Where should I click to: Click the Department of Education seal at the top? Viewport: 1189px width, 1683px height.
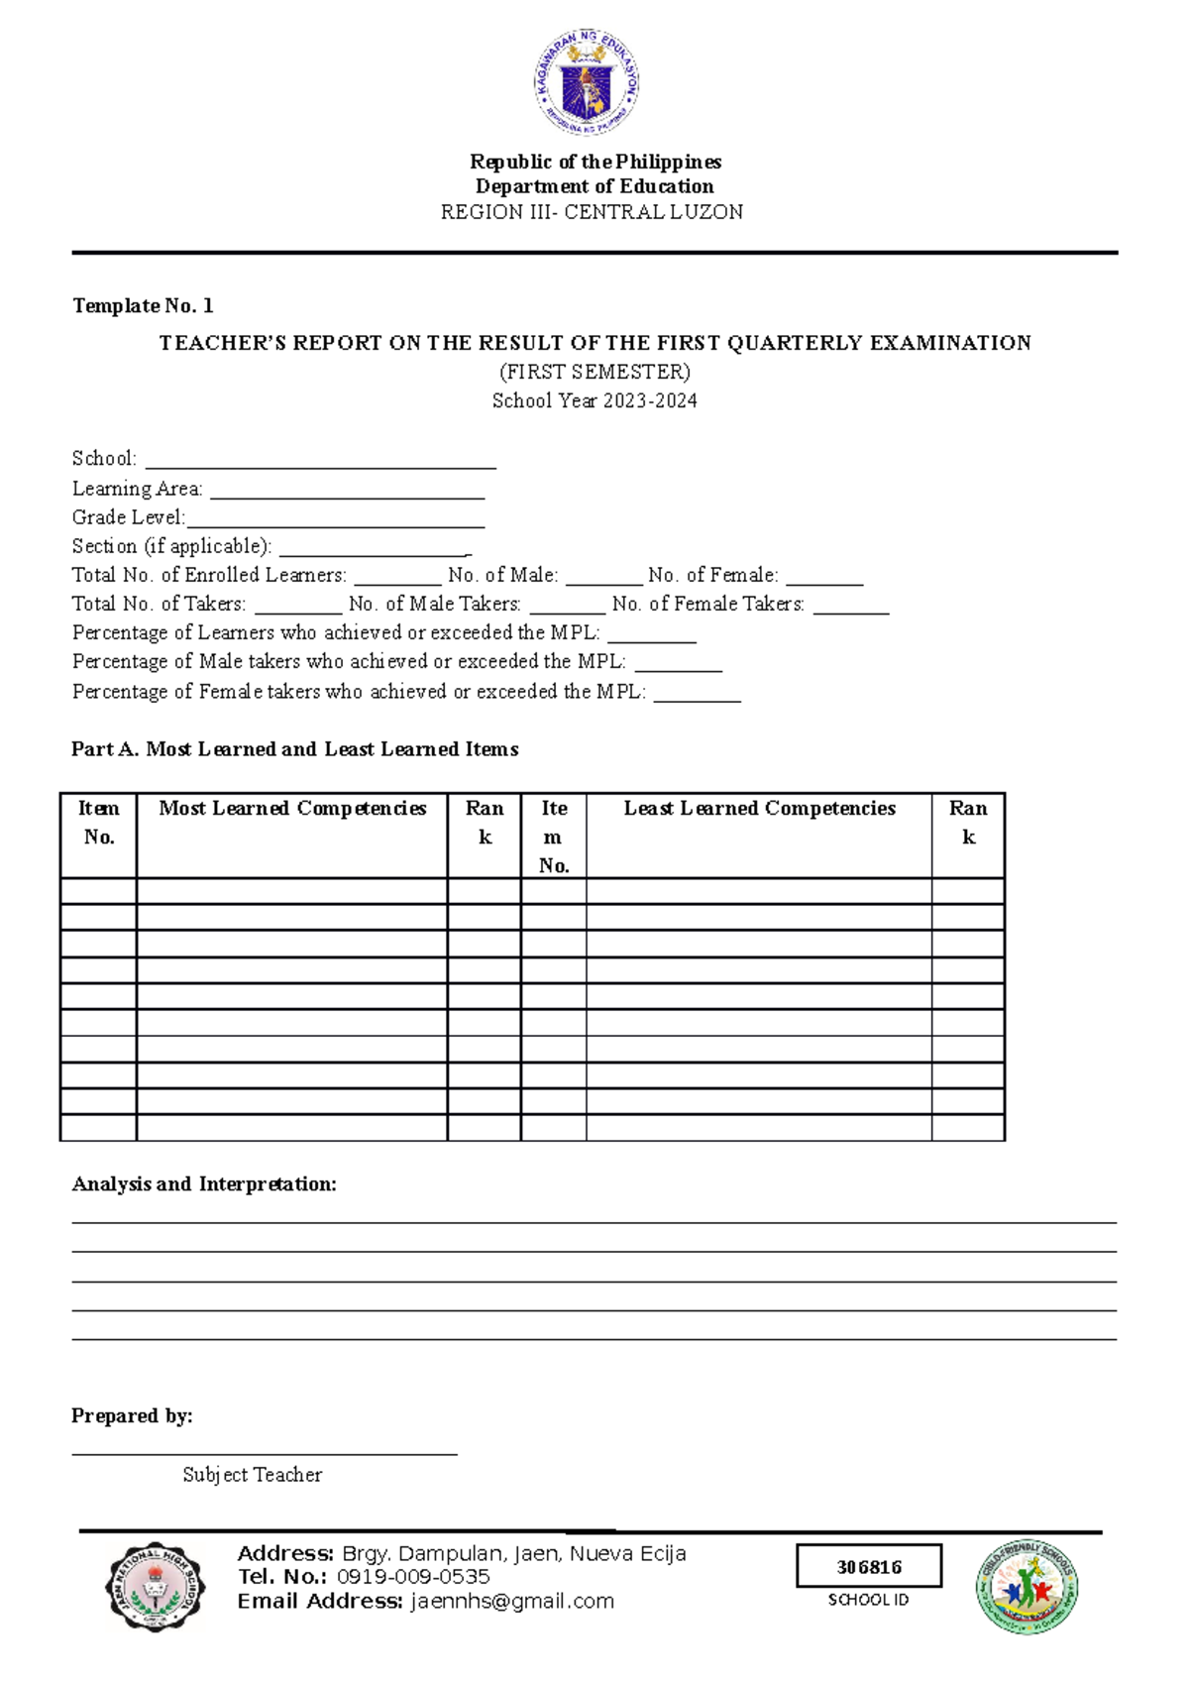588,82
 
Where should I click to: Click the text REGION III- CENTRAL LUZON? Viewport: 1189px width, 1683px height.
592,212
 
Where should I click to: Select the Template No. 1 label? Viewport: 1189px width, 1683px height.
143,305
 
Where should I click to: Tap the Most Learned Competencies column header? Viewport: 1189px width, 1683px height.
292,809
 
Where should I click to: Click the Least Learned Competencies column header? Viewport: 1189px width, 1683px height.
759,809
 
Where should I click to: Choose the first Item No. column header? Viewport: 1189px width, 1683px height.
98,823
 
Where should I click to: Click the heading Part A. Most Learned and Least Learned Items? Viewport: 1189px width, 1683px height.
294,749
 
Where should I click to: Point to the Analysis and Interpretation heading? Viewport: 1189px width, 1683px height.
204,1184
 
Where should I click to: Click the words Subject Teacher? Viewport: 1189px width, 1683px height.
253,1475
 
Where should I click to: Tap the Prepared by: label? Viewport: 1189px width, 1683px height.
132,1416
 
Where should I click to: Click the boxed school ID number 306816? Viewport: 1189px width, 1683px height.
869,1567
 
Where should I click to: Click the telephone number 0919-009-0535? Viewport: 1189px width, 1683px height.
413,1577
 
